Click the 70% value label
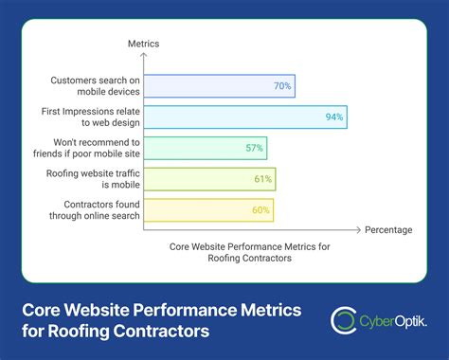click(282, 86)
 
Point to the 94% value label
click(334, 117)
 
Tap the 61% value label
click(262, 178)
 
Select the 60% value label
click(260, 208)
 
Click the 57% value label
click(255, 148)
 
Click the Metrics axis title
click(143, 44)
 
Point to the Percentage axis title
click(387, 229)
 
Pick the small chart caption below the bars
click(250, 253)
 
